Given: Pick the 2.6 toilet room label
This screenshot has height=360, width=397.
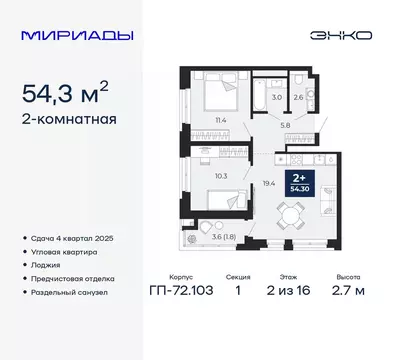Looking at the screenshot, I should click(297, 97).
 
